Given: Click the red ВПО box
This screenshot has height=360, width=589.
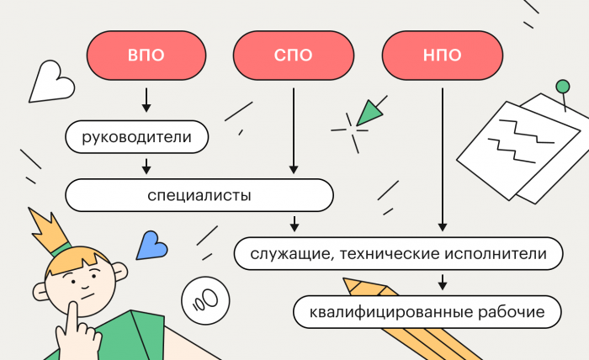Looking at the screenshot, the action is pyautogui.click(x=146, y=56).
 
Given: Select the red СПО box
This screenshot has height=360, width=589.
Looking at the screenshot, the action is pyautogui.click(x=294, y=56).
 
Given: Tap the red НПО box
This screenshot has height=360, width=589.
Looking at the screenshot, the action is pyautogui.click(x=442, y=56).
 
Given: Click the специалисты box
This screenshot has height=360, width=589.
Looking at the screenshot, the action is pyautogui.click(x=199, y=195).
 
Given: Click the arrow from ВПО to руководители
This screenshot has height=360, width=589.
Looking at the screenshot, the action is pyautogui.click(x=146, y=99).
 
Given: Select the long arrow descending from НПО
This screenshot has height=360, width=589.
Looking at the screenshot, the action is pyautogui.click(x=442, y=160).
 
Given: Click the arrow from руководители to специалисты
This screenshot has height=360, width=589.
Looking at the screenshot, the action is pyautogui.click(x=146, y=166).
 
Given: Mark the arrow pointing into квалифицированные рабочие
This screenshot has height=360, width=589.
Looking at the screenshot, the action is pyautogui.click(x=442, y=282).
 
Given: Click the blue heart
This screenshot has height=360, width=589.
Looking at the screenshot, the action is pyautogui.click(x=151, y=244).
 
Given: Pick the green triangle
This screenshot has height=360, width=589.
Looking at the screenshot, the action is pyautogui.click(x=369, y=113).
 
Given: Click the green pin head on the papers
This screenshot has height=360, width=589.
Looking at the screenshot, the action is pyautogui.click(x=561, y=86).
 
